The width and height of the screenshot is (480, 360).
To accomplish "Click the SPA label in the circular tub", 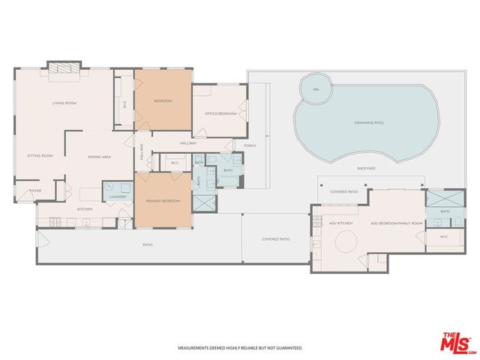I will point(315,90).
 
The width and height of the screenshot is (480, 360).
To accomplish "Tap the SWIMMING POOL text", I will point(367,122).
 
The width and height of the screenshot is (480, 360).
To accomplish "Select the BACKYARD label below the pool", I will point(367,168).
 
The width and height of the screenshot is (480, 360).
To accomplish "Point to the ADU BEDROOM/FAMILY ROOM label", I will point(397,223).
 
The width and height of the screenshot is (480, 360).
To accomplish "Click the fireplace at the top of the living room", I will point(62,69).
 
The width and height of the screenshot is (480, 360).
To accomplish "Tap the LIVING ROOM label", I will point(64,103).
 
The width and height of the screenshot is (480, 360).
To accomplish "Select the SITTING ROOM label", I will point(40,155).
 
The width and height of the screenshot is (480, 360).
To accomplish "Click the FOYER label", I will point(34,191).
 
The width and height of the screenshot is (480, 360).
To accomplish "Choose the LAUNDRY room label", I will point(118,196).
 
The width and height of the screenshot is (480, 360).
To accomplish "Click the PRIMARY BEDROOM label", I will point(162,202).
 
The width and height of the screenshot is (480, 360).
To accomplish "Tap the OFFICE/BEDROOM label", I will point(220,113).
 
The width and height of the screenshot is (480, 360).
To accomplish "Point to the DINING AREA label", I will point(100,157).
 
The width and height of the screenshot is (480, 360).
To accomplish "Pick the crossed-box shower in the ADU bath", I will point(437,198).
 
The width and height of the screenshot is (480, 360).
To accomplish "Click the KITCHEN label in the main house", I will point(85,208).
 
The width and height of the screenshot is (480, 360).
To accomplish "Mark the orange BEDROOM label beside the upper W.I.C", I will point(163,100).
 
